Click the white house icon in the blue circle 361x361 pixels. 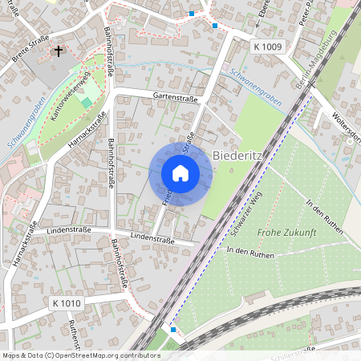click(180, 173)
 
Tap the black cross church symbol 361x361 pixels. click(58, 51)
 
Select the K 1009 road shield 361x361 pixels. click(267, 47)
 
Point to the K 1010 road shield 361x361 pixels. click(66, 303)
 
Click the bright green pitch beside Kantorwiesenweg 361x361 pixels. click(87, 103)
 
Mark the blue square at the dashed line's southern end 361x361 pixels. click(173, 329)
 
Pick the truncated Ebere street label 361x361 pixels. click(262, 12)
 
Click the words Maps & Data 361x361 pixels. click(22, 355)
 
